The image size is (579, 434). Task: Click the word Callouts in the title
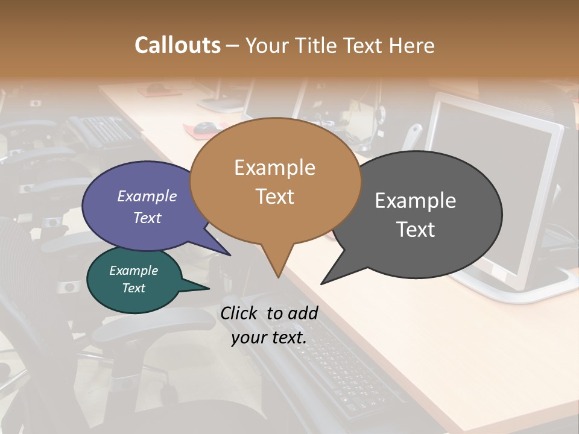tap(177, 45)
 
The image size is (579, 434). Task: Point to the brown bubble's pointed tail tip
tap(278, 277)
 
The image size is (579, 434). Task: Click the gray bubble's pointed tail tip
tap(322, 283)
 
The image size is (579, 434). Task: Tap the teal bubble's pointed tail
tap(205, 289)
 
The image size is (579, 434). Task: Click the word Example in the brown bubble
tap(274, 168)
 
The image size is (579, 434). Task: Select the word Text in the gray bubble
tap(416, 230)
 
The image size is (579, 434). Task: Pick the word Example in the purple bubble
tap(147, 196)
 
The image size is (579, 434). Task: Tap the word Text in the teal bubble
tap(134, 288)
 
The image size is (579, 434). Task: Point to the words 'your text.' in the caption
tap(269, 338)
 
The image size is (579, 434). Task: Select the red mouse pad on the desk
tap(202, 128)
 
